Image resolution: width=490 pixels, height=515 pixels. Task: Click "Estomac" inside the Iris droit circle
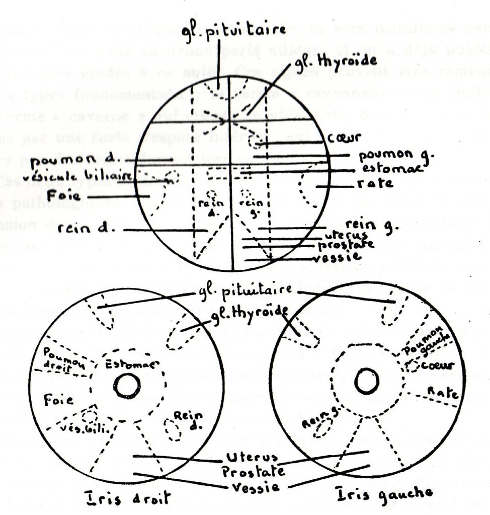coord(132,364)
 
